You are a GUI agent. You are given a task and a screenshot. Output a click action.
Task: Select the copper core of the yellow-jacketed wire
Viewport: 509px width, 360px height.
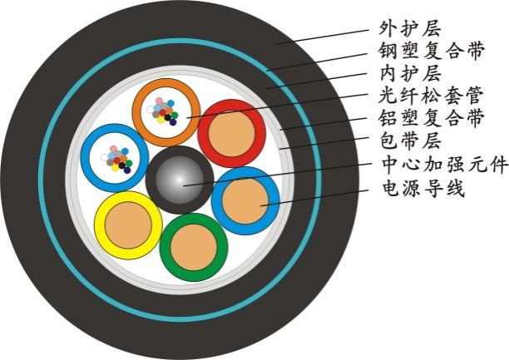click(126, 224)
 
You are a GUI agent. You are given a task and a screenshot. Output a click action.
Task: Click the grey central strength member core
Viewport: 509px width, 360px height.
click(179, 178)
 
